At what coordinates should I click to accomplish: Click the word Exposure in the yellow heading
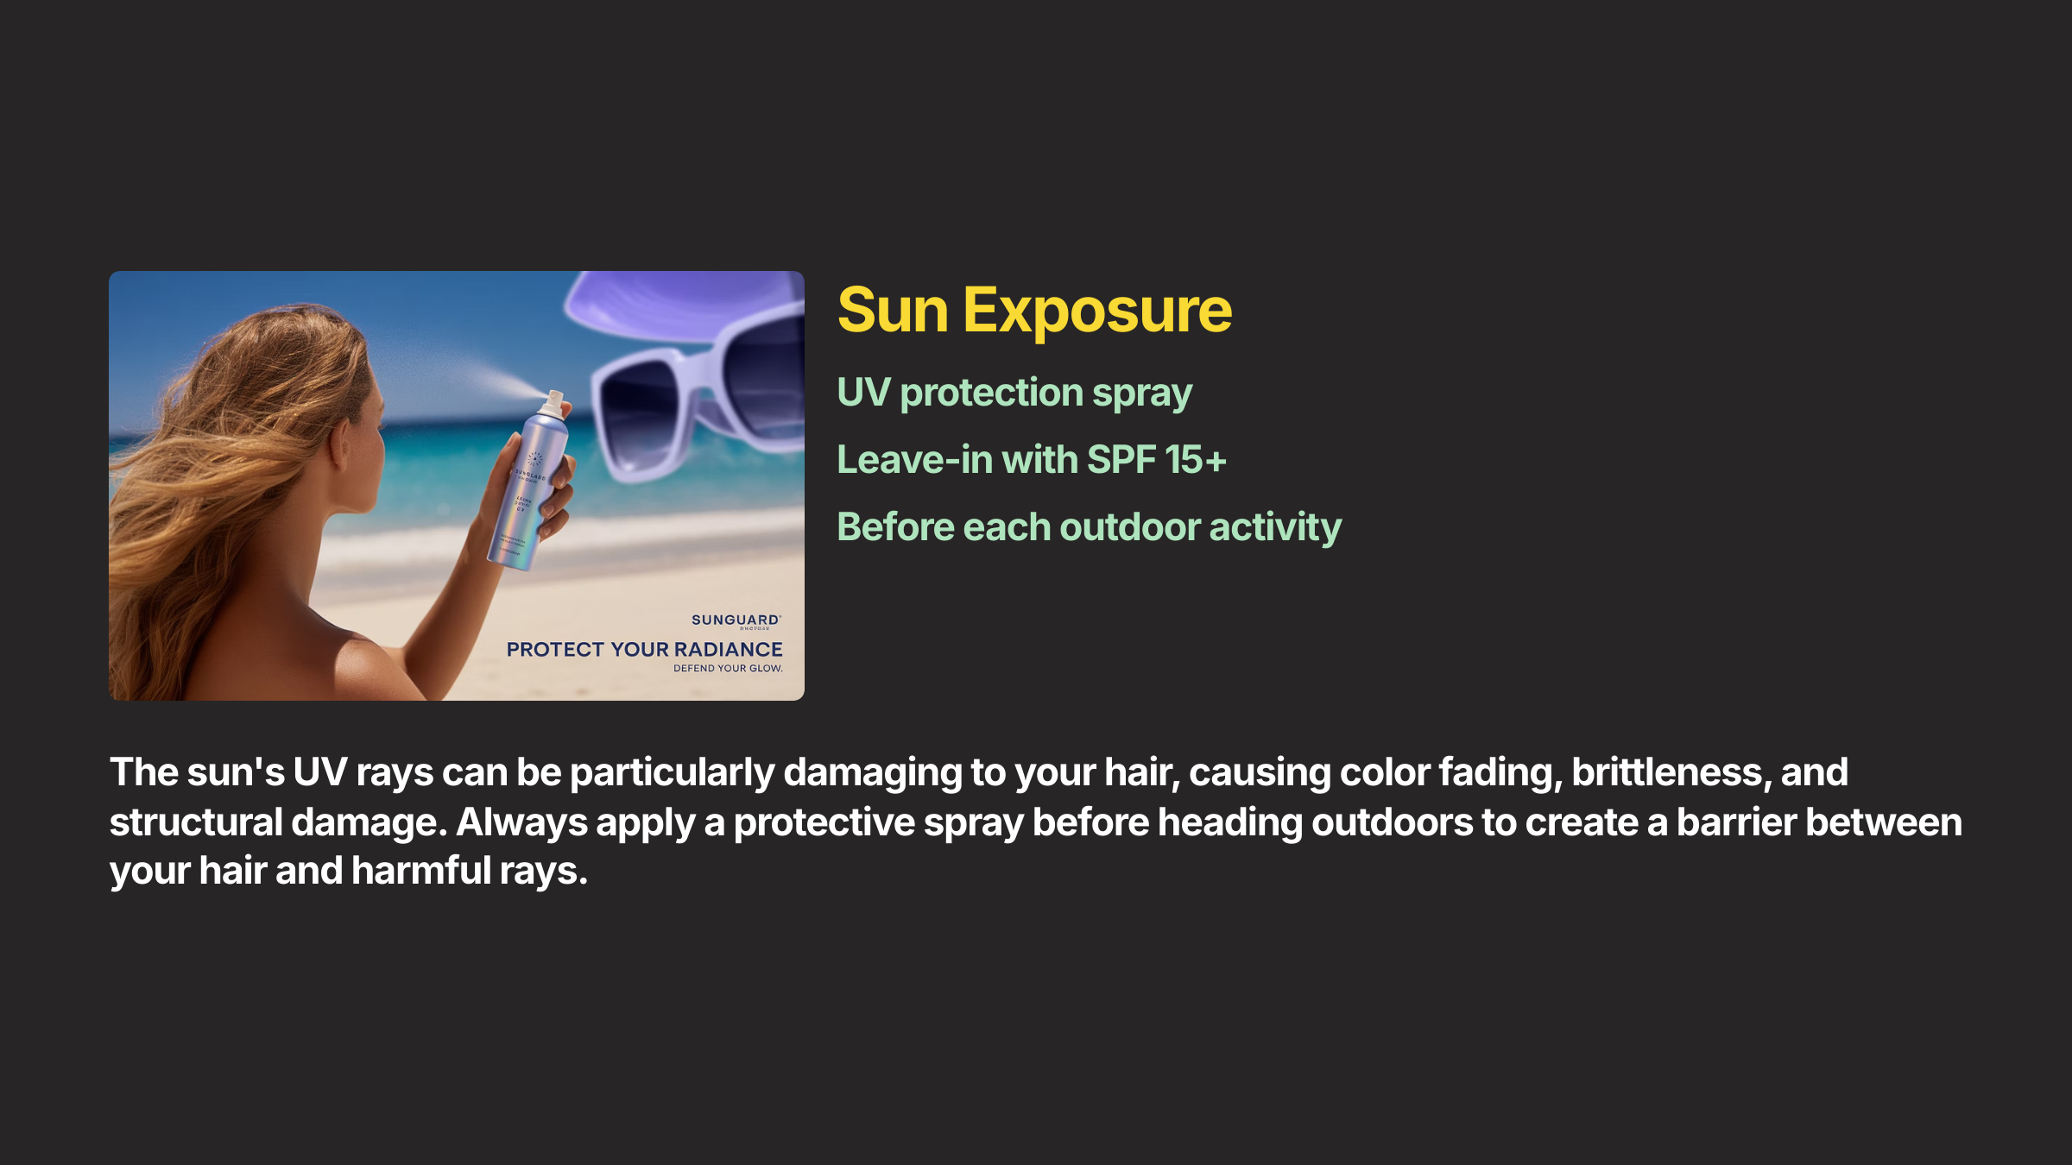(1097, 311)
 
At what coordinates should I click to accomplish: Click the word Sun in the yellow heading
(893, 311)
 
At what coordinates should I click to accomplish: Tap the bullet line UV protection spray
(1014, 393)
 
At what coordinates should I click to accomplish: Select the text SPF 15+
(1157, 460)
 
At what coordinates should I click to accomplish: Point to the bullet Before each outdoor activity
(1089, 527)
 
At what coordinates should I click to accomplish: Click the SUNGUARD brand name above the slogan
(735, 620)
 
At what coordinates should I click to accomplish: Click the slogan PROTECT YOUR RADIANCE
(644, 650)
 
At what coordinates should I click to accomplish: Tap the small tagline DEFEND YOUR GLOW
(728, 669)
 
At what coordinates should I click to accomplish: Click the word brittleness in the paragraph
(1666, 772)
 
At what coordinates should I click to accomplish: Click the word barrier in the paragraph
(1735, 822)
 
